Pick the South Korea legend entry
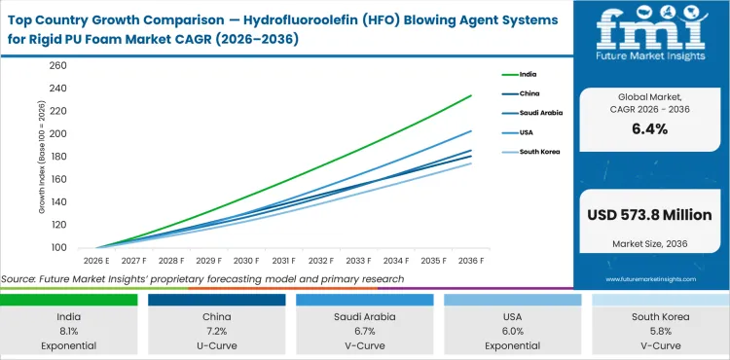point(531,153)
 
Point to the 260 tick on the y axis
point(57,65)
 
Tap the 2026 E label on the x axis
point(94,261)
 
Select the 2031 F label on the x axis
point(284,261)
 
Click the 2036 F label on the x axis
point(472,261)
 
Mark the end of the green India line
point(472,95)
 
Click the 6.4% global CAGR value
point(650,128)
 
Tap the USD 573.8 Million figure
point(650,214)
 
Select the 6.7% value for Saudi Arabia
point(368,330)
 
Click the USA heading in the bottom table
point(515,315)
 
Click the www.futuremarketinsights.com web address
point(649,278)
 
